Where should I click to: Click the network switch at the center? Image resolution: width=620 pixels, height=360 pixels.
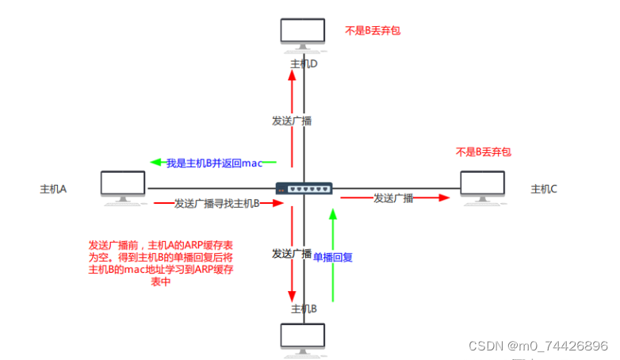click(304, 189)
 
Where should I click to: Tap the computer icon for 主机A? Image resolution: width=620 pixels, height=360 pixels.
click(123, 186)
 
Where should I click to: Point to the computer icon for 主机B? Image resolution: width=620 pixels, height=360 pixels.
click(304, 337)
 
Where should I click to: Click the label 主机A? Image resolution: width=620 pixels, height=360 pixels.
click(53, 190)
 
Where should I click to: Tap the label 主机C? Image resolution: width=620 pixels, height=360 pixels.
click(544, 189)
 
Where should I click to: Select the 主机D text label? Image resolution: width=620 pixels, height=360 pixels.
click(304, 63)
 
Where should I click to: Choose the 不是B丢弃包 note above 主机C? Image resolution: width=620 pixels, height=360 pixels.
click(483, 151)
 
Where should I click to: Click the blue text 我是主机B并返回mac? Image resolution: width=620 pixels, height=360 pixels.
click(213, 163)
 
